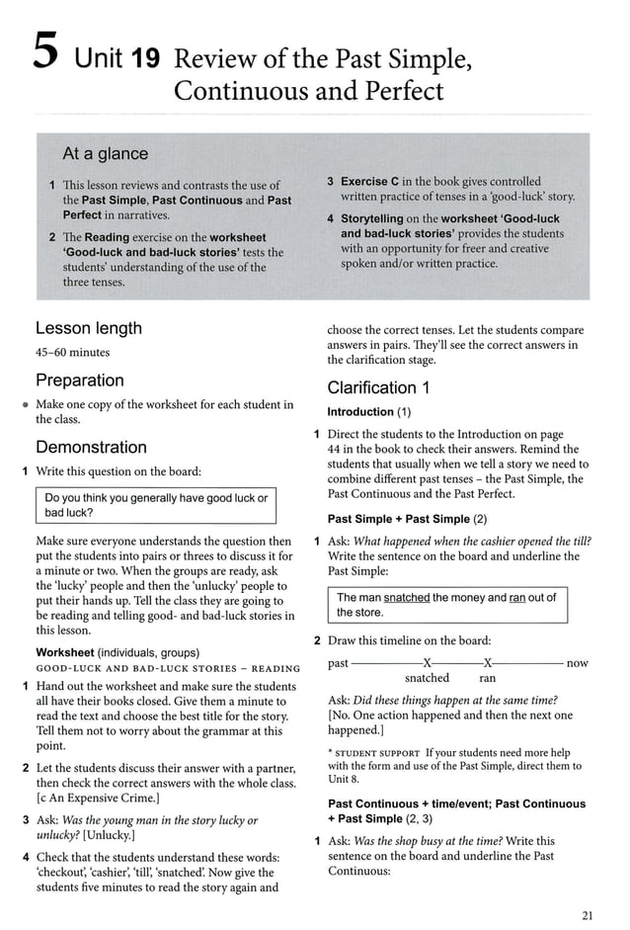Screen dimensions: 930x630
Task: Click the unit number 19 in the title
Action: coord(141,60)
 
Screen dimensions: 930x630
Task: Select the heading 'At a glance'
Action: coord(105,153)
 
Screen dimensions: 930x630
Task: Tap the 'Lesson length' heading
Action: coord(89,328)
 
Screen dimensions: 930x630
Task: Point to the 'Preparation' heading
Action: coord(80,380)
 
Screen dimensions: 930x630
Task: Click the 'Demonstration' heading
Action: coord(91,447)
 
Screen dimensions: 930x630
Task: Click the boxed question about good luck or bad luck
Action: coord(156,505)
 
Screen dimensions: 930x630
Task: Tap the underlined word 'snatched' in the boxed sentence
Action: coord(406,597)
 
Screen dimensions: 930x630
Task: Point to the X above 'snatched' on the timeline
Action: coord(427,663)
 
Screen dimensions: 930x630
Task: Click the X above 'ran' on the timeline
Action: coord(487,663)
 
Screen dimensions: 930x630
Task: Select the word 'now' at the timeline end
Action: coord(577,663)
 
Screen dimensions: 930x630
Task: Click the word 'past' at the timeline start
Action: coord(338,663)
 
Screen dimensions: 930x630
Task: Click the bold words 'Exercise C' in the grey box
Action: coord(372,182)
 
